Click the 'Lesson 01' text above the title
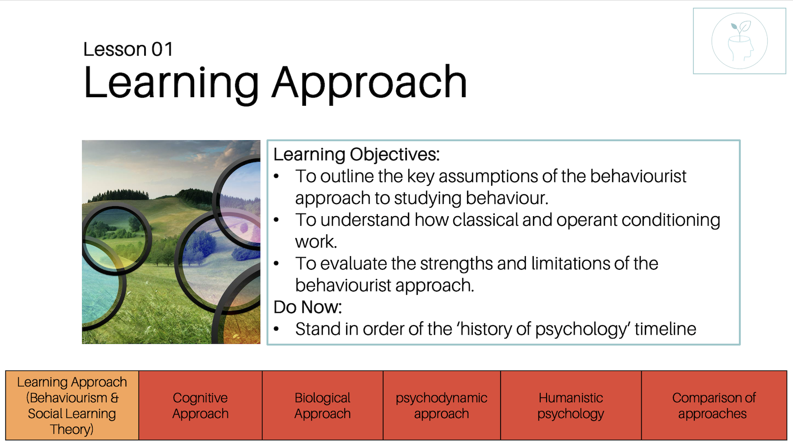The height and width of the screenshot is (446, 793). tap(128, 49)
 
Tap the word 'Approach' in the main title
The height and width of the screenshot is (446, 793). tap(369, 83)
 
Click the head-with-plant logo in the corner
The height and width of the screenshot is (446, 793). tap(739, 41)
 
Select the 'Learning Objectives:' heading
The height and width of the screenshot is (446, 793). tap(356, 154)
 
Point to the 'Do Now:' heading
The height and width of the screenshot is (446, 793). tap(307, 307)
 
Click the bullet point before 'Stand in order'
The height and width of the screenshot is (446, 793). tap(276, 329)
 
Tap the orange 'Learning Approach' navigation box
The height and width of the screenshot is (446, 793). tap(72, 405)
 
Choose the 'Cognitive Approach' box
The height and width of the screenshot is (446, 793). tap(201, 405)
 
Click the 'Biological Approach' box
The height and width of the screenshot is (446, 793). tap(322, 405)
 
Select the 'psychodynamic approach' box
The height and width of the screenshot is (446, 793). tap(442, 405)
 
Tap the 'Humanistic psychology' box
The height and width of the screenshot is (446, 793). tap(571, 405)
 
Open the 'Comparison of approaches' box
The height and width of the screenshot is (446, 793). tap(714, 405)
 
